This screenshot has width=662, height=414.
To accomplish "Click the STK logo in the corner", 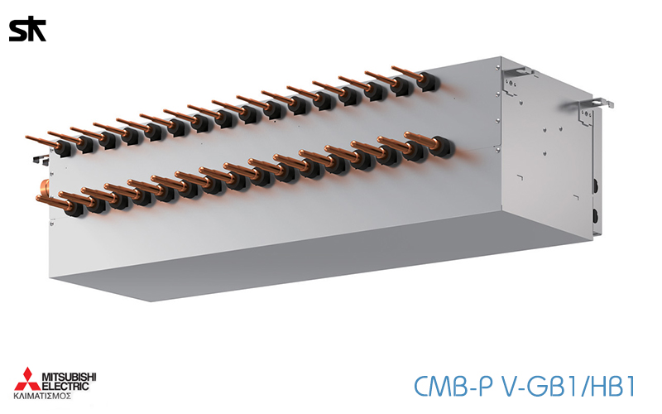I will click(x=26, y=31).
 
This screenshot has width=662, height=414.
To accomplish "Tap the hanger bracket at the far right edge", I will click(x=601, y=104).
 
